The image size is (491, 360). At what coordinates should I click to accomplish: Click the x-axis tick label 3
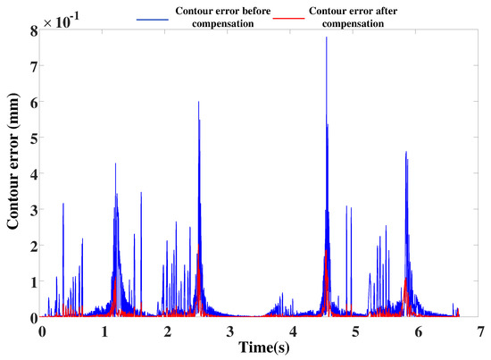point(230,331)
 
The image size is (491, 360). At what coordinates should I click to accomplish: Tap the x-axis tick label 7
point(481,331)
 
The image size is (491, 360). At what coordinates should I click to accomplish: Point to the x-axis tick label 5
point(355,331)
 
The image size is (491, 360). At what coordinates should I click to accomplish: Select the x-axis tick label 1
point(104,331)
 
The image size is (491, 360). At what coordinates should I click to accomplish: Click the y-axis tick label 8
point(33,30)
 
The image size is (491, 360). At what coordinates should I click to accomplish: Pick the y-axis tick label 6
point(33,102)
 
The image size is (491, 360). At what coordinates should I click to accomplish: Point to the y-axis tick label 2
point(33,246)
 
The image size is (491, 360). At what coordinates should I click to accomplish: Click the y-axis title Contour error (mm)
point(13,174)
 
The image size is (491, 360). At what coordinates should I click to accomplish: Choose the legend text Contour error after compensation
point(349,18)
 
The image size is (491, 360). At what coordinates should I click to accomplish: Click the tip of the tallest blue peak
point(327,38)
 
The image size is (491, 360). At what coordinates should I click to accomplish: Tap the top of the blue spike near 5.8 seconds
point(405,152)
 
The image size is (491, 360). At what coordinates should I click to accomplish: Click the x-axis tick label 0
point(42,331)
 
